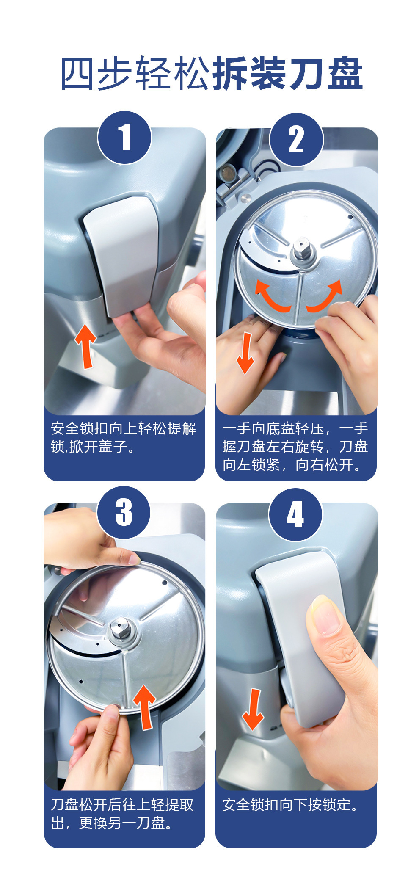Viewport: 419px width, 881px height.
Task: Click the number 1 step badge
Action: (x=124, y=138)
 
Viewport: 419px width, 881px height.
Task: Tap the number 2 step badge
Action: (x=296, y=140)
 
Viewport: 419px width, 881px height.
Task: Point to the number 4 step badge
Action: (x=295, y=515)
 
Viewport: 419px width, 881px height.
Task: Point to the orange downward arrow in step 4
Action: (x=253, y=710)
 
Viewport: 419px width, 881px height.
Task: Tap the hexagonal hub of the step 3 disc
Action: (x=120, y=629)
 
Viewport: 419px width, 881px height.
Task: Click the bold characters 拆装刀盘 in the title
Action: (x=287, y=74)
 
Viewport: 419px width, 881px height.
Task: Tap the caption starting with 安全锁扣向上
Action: (x=124, y=437)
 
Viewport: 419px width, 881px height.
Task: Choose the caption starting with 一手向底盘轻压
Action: (x=295, y=447)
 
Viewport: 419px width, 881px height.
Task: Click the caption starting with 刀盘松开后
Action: (x=122, y=813)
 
